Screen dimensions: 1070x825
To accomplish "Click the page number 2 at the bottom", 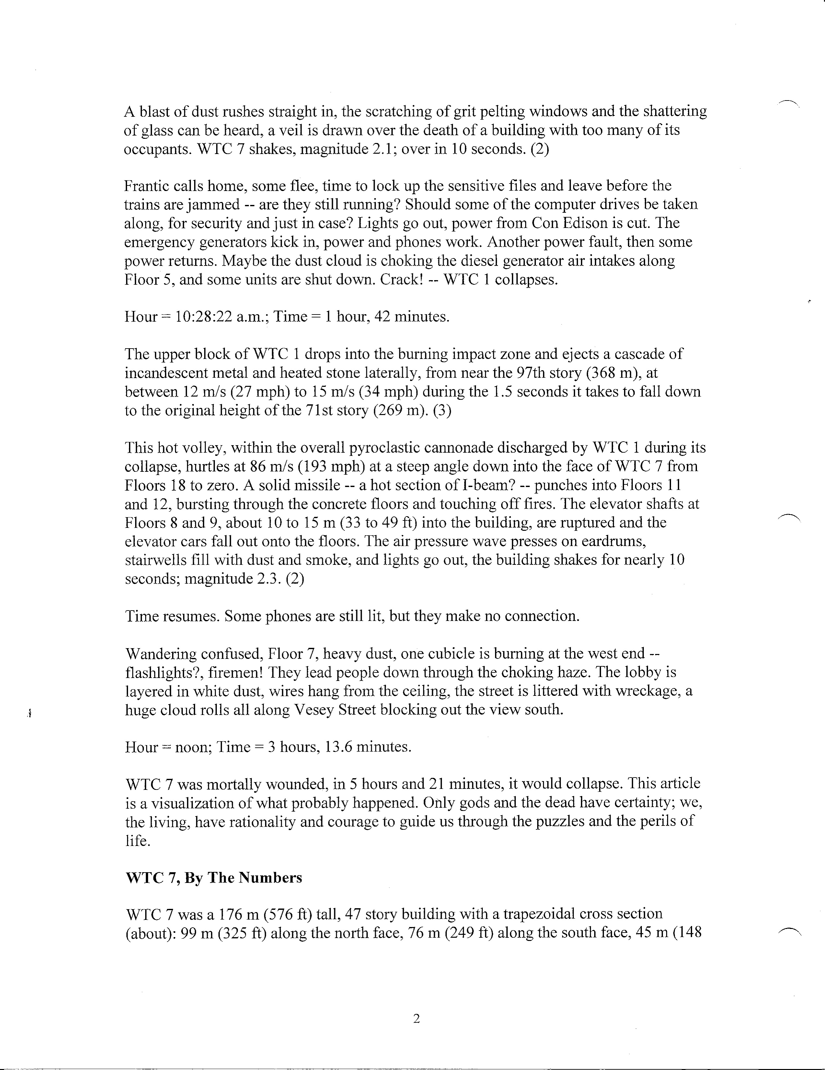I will point(417,1019).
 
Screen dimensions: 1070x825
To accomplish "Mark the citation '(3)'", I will point(442,410).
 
